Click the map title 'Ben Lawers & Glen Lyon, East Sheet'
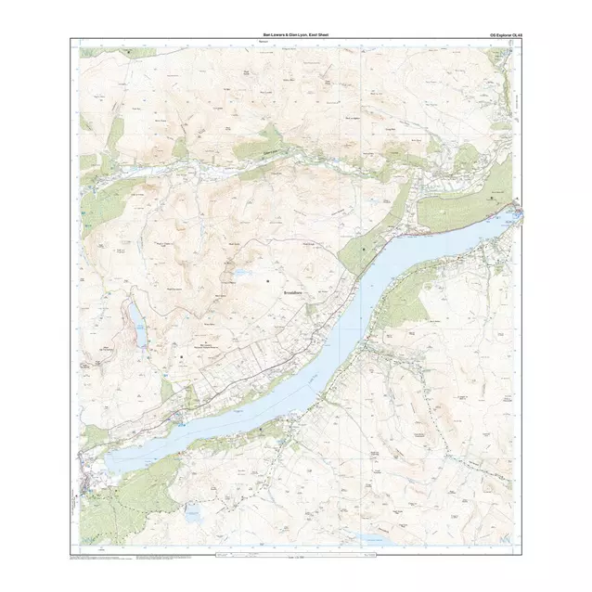(294, 34)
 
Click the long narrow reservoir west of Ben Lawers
(138, 328)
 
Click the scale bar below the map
(294, 554)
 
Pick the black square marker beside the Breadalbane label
(268, 279)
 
